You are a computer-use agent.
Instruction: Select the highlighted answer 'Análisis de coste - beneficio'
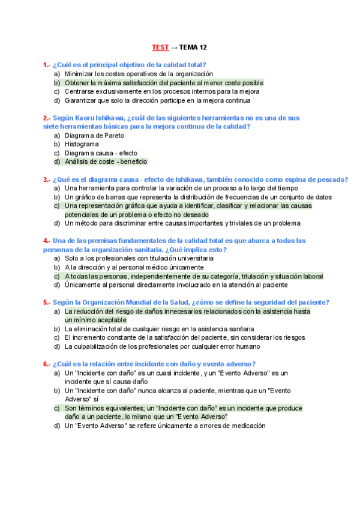point(106,161)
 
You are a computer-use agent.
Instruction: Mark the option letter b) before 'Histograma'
point(57,144)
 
